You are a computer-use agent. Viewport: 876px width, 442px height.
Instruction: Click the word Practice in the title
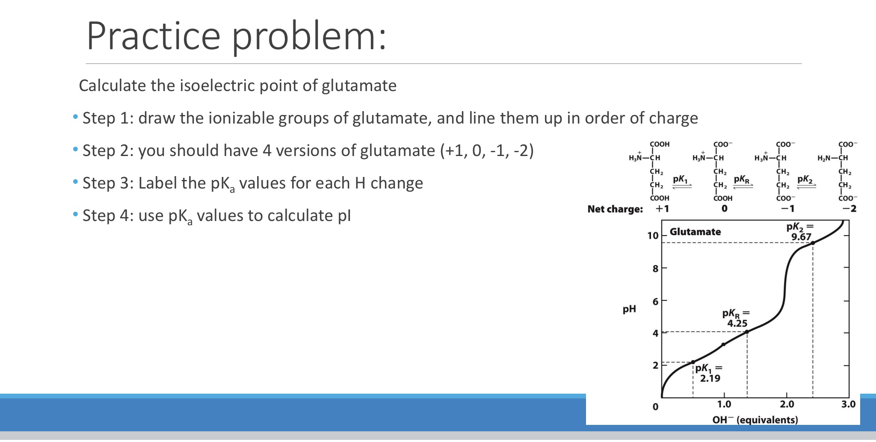(153, 36)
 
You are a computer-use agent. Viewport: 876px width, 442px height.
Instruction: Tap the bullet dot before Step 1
(75, 117)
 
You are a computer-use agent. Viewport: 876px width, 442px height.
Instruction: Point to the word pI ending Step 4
(344, 216)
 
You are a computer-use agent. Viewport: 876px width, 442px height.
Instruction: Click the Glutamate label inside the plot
(695, 232)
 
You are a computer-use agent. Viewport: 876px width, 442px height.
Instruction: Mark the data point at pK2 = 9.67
(813, 243)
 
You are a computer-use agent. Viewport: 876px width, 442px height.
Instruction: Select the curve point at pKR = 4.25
(747, 332)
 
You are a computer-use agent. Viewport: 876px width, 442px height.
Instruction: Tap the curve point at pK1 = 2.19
(693, 362)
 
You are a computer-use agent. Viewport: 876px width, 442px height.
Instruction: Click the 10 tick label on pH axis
(653, 236)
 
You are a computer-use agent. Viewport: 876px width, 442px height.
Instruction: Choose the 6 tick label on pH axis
(655, 301)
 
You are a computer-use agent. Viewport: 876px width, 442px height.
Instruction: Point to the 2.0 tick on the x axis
(787, 404)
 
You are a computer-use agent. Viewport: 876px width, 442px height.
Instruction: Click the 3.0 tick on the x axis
(848, 404)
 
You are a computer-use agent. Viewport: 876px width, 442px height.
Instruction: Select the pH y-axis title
(629, 309)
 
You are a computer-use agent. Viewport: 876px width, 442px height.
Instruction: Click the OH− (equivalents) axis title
(755, 420)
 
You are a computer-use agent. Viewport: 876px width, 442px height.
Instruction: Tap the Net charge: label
(615, 209)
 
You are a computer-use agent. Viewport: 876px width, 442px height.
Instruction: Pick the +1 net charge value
(662, 209)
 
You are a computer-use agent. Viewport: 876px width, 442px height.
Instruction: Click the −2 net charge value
(849, 209)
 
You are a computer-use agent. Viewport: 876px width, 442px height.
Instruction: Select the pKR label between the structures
(742, 180)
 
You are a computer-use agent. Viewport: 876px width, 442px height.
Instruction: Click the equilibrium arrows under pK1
(682, 186)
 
